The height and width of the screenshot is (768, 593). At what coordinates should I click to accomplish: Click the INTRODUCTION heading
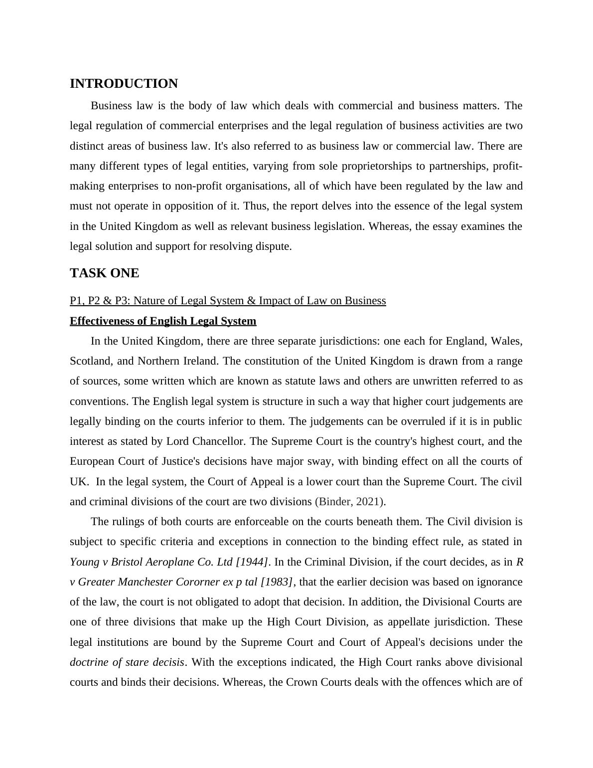124,84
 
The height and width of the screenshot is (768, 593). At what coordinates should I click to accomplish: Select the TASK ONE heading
104,273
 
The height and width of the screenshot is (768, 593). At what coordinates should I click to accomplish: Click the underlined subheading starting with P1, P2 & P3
228,301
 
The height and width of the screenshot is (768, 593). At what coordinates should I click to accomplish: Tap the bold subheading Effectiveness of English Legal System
163,321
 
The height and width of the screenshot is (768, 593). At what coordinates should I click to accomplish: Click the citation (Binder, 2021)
350,502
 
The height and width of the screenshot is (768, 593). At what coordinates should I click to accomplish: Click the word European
92,461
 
